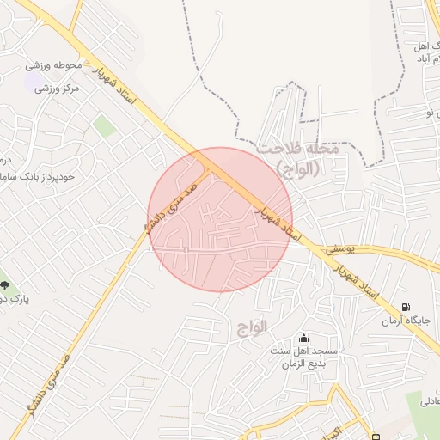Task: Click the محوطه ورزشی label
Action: (53, 65)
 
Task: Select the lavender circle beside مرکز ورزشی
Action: (40, 88)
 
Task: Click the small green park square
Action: (105, 127)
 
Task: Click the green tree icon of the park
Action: (5, 284)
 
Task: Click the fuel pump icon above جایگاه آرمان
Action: (405, 307)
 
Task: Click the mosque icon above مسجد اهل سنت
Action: (302, 337)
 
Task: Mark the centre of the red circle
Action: (220, 219)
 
